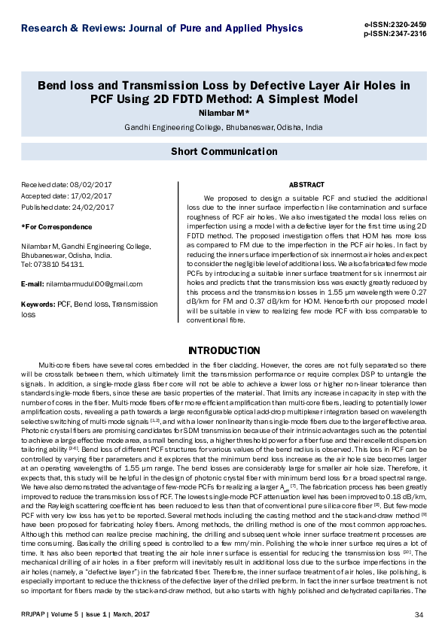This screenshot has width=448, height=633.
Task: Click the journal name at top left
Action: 163,29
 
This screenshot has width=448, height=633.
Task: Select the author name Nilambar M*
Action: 224,114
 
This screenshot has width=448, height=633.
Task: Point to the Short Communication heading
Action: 224,151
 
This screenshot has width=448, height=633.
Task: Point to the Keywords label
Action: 38,304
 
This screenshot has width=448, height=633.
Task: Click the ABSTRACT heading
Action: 306,185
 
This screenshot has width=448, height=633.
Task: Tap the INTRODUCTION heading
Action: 224,351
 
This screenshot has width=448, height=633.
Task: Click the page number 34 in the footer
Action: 419,616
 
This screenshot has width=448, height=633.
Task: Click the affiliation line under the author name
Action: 224,128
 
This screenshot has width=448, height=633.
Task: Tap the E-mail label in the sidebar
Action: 32,284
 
